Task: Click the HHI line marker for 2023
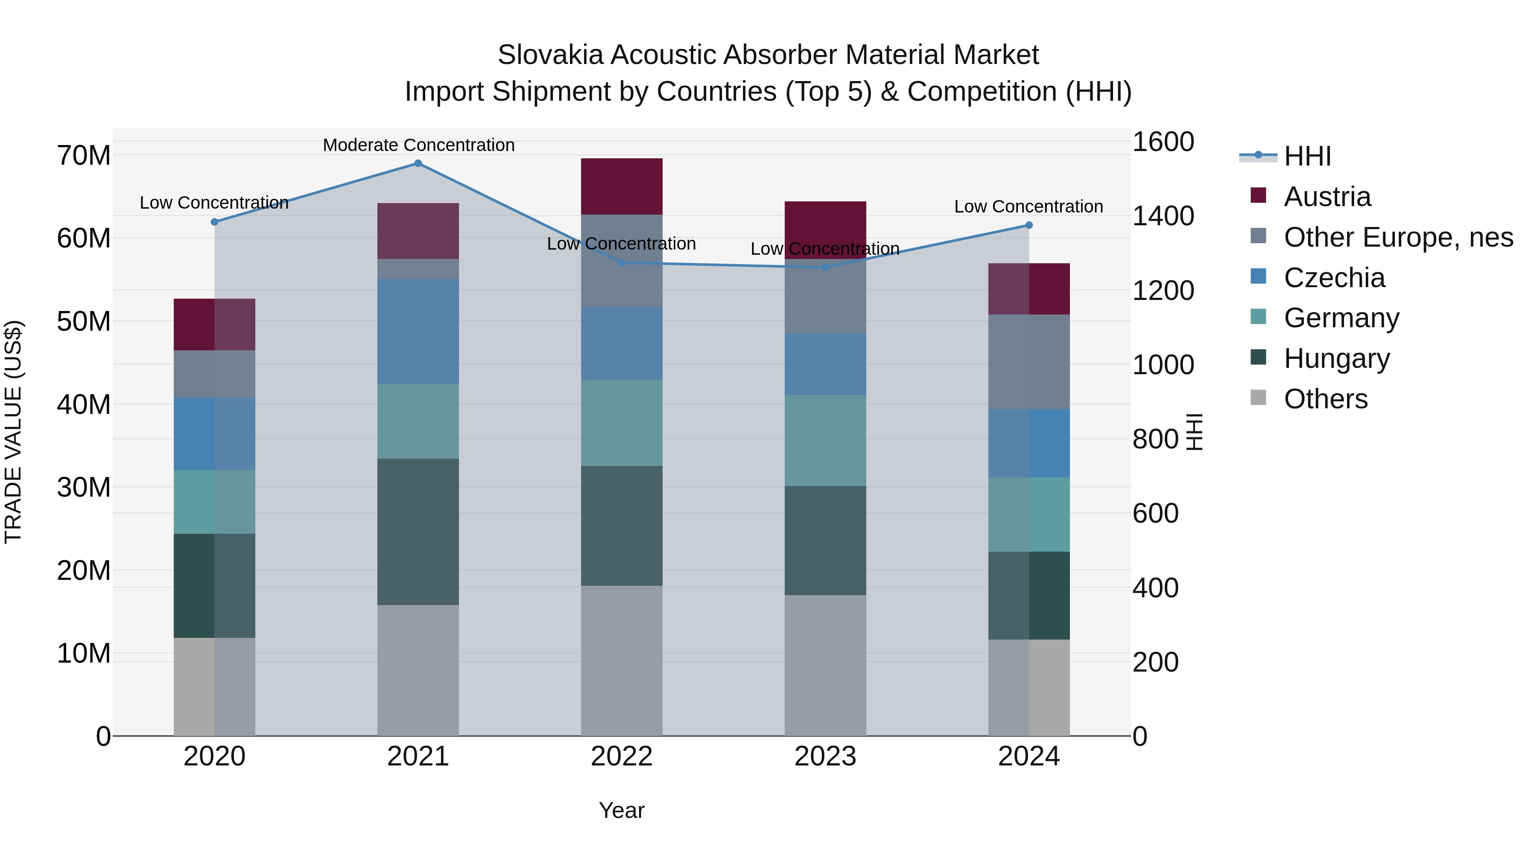point(825,267)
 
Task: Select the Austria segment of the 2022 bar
point(621,186)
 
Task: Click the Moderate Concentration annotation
point(418,145)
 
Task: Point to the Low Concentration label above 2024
point(1028,207)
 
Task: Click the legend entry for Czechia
point(1334,278)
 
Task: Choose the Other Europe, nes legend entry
point(1398,237)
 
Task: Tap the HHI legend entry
point(1307,156)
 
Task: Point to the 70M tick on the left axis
point(84,156)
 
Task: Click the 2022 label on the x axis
point(621,756)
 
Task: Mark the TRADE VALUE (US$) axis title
point(13,432)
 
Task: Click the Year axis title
point(621,810)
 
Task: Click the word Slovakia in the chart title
point(549,55)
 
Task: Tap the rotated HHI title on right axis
point(1194,432)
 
